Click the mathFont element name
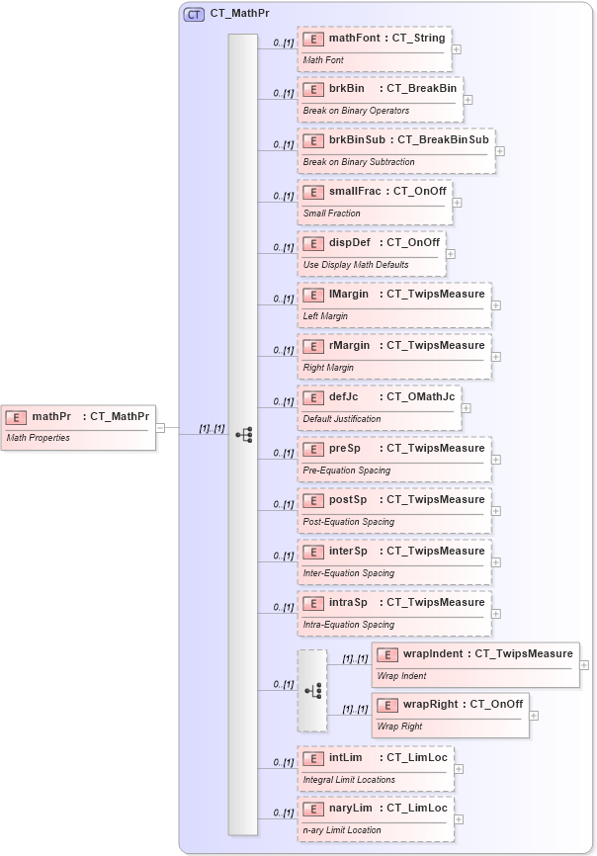[357, 38]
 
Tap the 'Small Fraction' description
[332, 214]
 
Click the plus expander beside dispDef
[451, 253]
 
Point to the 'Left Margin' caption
[325, 316]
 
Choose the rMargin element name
[349, 346]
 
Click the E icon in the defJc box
[313, 397]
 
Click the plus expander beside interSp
[496, 561]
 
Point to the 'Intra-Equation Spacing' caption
[348, 625]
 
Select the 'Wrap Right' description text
[399, 727]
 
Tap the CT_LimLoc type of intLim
[417, 757]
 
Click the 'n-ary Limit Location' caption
[342, 830]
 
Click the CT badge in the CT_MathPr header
[195, 15]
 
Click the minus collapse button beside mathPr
[160, 427]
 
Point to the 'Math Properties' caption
[39, 438]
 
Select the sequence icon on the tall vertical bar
[243, 434]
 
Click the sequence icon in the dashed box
[312, 691]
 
